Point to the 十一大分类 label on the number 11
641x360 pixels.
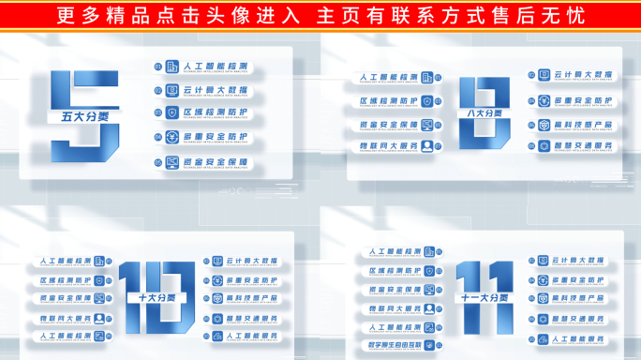click(x=484, y=298)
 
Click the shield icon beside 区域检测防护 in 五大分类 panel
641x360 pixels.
click(x=171, y=113)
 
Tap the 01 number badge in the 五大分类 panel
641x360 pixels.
click(x=158, y=67)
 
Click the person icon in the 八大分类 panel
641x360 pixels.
click(x=427, y=146)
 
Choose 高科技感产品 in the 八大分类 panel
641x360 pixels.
click(x=584, y=124)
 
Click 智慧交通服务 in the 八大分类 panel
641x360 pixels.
click(x=584, y=146)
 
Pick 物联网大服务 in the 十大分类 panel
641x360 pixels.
click(x=66, y=318)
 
